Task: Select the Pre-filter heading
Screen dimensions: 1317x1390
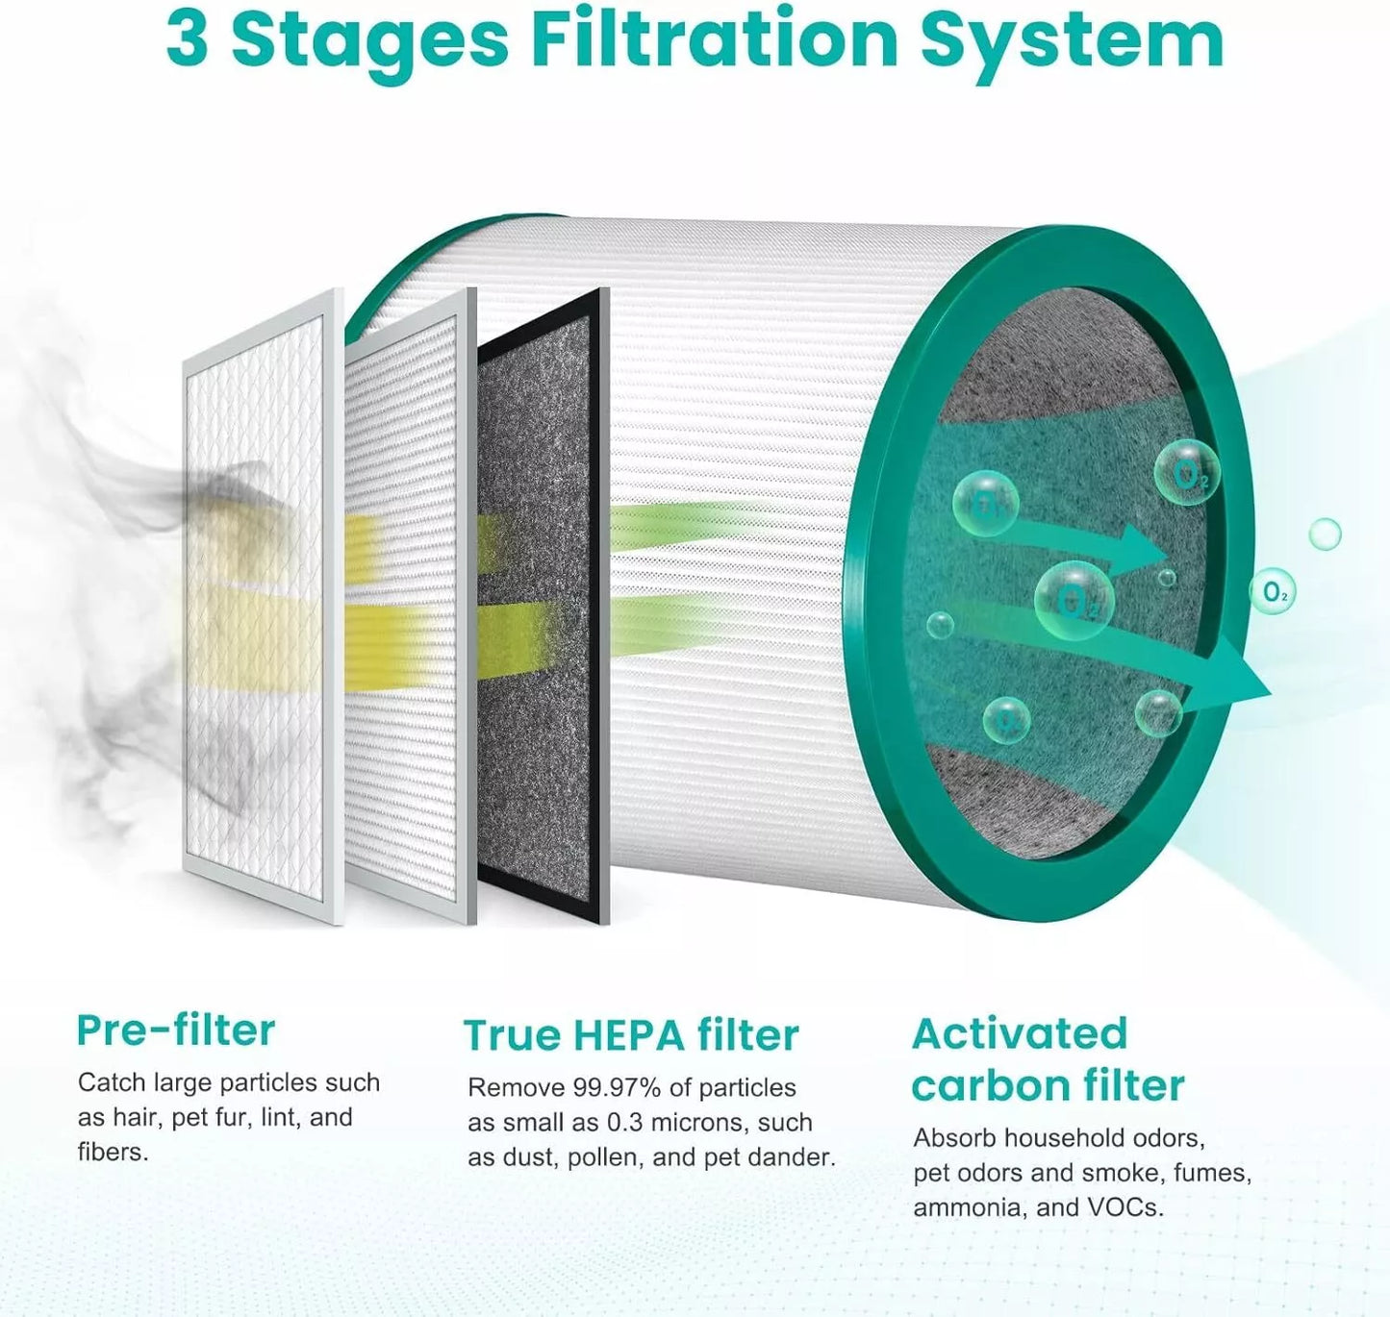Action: point(175,1031)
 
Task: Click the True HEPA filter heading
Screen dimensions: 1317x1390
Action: point(631,1035)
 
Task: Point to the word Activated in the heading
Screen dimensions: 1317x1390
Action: point(1020,1034)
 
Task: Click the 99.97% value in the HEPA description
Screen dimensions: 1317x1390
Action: point(617,1088)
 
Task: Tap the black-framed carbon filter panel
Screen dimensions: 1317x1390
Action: point(541,606)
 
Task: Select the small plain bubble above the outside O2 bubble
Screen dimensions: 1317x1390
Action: point(1325,534)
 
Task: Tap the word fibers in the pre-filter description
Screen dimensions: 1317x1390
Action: point(114,1153)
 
